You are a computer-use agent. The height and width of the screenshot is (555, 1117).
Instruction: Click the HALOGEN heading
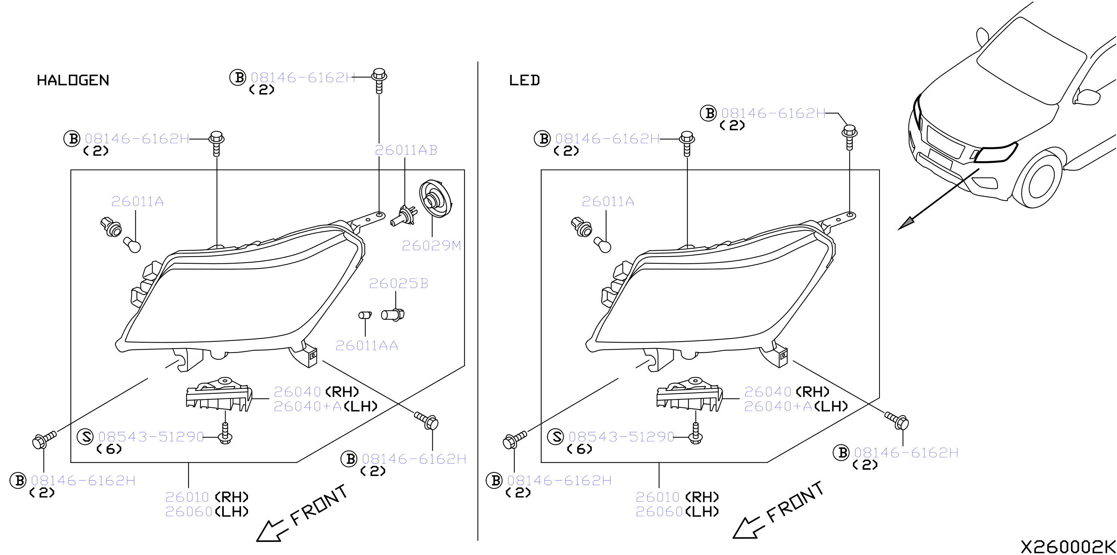[x=73, y=80]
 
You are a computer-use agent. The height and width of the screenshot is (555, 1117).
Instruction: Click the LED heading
[x=524, y=80]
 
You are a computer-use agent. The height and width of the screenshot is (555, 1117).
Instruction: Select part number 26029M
[x=431, y=246]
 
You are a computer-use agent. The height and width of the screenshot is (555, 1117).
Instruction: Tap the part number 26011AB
[x=406, y=150]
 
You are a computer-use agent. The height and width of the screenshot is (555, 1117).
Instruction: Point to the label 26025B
[x=398, y=283]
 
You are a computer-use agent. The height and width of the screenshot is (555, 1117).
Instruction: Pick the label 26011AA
[x=367, y=346]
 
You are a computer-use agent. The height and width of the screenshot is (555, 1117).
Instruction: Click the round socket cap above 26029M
[x=435, y=199]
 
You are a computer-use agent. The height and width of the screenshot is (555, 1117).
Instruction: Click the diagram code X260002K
[x=1068, y=547]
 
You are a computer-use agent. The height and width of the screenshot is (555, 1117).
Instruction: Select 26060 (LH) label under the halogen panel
[x=207, y=512]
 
